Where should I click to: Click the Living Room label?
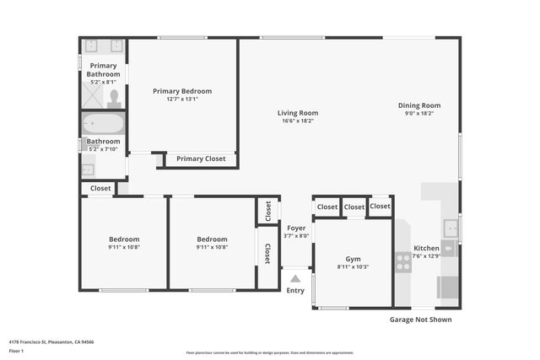pyautogui.click(x=298, y=113)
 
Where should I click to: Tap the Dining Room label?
pyautogui.click(x=419, y=105)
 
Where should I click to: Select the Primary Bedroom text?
pyautogui.click(x=181, y=91)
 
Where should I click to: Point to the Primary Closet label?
pyautogui.click(x=201, y=159)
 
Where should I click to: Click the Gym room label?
pyautogui.click(x=353, y=259)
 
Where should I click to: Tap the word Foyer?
pyautogui.click(x=296, y=228)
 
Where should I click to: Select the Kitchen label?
pyautogui.click(x=426, y=248)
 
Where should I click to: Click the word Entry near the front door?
pyautogui.click(x=295, y=291)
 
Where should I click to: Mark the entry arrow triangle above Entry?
pyautogui.click(x=295, y=278)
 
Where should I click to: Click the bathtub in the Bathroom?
pyautogui.click(x=103, y=125)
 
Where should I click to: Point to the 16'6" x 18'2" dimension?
pyautogui.click(x=298, y=121)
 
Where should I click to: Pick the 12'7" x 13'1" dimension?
pyautogui.click(x=181, y=99)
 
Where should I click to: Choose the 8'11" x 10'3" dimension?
pyautogui.click(x=353, y=266)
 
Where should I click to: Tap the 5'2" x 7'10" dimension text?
pyautogui.click(x=103, y=149)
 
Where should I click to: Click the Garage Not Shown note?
pyautogui.click(x=419, y=320)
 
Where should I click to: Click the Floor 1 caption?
pyautogui.click(x=16, y=350)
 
